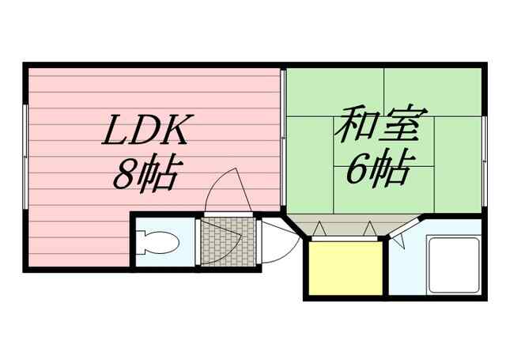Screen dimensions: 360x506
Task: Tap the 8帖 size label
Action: click(145, 172)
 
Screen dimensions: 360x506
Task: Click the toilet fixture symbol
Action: click(159, 241)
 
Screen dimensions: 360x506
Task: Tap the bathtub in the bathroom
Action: click(454, 265)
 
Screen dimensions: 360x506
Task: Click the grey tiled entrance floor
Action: click(227, 241)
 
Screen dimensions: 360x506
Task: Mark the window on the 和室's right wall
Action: click(482, 142)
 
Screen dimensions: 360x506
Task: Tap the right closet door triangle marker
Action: click(368, 229)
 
